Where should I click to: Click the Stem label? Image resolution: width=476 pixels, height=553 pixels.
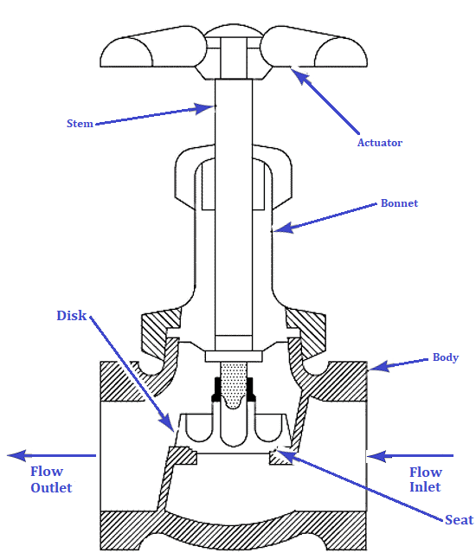coord(80,124)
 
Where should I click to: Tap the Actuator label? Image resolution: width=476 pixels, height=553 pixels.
coord(380,143)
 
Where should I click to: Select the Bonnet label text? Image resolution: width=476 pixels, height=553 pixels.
coord(399,203)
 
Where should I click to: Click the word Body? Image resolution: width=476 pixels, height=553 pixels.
coord(445,357)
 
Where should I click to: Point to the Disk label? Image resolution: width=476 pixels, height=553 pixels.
coord(72,316)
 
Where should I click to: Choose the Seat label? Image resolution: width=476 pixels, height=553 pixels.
coord(459,519)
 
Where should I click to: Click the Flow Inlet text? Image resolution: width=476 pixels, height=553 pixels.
coord(425,479)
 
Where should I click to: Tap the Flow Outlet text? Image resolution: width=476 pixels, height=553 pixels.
coord(51,479)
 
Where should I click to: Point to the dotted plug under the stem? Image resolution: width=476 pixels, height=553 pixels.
coord(232,385)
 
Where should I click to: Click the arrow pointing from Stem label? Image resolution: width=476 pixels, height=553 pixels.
coord(156,116)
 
